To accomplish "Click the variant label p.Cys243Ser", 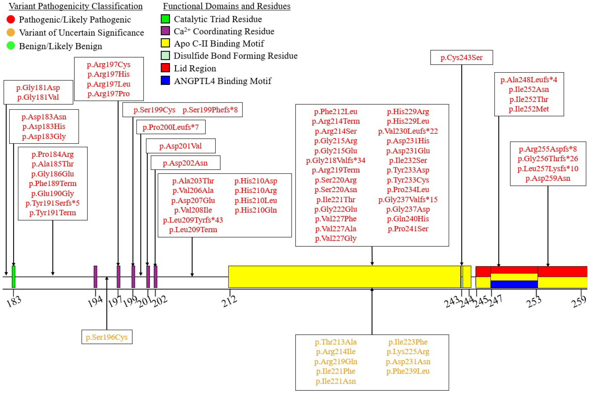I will click(461, 57).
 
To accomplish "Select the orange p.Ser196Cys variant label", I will click(107, 337).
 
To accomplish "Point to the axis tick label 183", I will click(14, 301).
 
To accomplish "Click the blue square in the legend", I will click(165, 81).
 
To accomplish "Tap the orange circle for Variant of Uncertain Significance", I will click(11, 32).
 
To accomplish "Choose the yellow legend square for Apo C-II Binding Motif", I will click(165, 43).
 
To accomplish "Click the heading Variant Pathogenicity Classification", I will click(76, 6).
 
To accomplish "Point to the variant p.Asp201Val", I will click(180, 146).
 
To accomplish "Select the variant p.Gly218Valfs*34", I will click(336, 160).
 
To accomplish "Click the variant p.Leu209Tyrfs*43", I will click(193, 220).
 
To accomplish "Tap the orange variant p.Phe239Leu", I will click(408, 371).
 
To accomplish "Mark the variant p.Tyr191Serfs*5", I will click(52, 203).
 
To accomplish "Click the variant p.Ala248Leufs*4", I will click(529, 80).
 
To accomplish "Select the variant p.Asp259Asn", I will click(548, 178).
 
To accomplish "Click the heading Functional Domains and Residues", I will click(227, 6).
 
